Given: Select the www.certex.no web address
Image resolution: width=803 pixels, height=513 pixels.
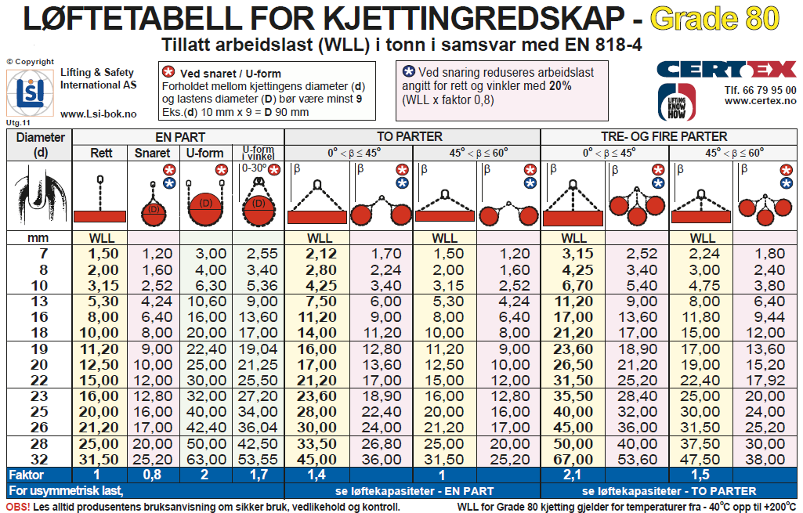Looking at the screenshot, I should [x=760, y=101].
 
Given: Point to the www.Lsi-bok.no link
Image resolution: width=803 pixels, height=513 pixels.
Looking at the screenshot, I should [x=98, y=114].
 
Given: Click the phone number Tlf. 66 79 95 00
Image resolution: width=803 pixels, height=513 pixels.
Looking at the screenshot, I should [x=761, y=90].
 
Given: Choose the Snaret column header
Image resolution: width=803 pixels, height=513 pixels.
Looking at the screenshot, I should [x=152, y=153].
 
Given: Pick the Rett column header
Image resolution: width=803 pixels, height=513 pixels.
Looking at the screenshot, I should [x=103, y=153].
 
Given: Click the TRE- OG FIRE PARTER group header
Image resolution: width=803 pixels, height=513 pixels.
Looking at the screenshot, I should [x=670, y=136].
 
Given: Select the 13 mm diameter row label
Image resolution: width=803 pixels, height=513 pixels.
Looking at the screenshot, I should [x=38, y=302].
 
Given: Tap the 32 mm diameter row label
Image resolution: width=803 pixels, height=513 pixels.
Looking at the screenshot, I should [x=38, y=459].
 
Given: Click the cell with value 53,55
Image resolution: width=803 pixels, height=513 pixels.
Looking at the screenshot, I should [x=259, y=459].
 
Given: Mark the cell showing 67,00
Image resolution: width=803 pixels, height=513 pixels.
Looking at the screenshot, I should [x=573, y=459].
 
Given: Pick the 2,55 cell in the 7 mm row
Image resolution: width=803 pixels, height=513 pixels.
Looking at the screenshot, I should [x=259, y=254].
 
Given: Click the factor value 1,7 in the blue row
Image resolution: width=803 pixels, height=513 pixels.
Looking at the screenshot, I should [x=259, y=475].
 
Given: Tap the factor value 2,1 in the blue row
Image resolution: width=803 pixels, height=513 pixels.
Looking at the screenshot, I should [x=573, y=475].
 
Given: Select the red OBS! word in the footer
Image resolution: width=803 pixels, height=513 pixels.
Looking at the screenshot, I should [x=18, y=507].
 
